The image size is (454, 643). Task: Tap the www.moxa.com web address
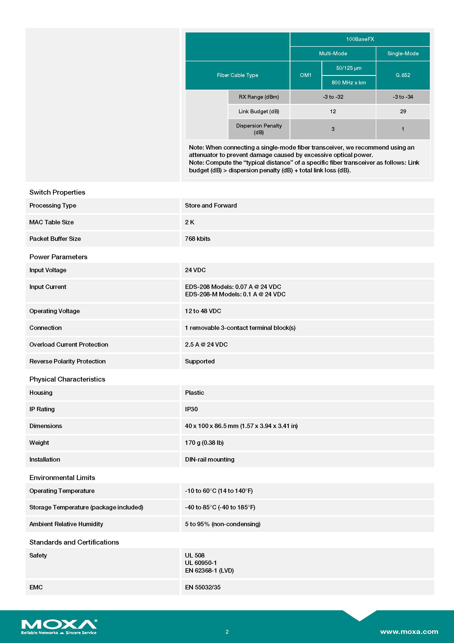pos(409,631)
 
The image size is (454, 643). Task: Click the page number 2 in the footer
pos(227,632)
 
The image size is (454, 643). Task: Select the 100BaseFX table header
pos(360,39)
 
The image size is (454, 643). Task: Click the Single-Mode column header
pos(403,54)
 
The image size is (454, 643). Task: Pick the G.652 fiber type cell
pos(403,75)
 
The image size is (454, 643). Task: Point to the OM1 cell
pos(306,75)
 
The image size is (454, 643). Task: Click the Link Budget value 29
pos(403,111)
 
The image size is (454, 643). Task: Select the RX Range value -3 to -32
pos(333,97)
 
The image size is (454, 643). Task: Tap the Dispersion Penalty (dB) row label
pos(259,129)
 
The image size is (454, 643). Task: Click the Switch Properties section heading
pos(57,192)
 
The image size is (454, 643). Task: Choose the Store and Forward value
pos(211,205)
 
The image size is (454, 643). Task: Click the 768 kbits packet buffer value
pos(198,239)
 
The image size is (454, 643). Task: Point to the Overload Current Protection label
pos(69,344)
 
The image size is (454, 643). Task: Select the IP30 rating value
pos(191,409)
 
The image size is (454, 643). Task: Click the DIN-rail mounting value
pos(210,459)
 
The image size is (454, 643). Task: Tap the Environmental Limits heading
pos(62,478)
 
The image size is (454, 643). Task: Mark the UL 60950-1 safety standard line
pos(201,563)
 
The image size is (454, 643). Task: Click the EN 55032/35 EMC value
pos(203,587)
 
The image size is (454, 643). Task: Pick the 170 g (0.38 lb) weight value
pos(204,443)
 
